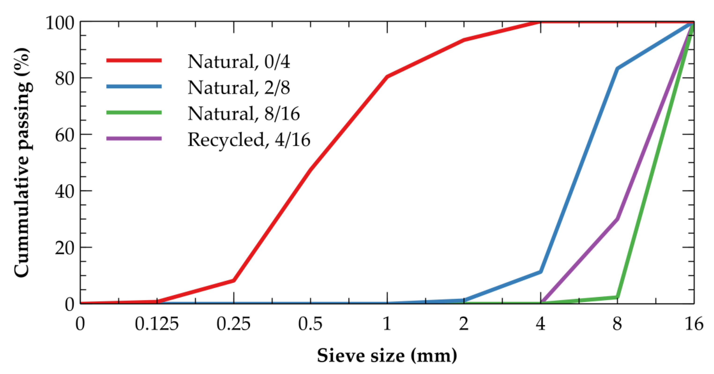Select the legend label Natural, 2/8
point(239,87)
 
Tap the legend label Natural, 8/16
point(244,113)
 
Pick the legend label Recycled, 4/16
point(249,140)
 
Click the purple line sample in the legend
point(134,138)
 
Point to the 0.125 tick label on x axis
point(157,324)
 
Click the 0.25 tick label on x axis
point(233,324)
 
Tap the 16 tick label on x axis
point(694,324)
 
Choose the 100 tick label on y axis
point(60,23)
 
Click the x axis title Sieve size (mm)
point(387,356)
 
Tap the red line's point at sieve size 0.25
point(233,280)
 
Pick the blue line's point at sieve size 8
point(617,68)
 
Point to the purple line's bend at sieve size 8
point(617,219)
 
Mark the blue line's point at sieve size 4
point(540,272)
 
